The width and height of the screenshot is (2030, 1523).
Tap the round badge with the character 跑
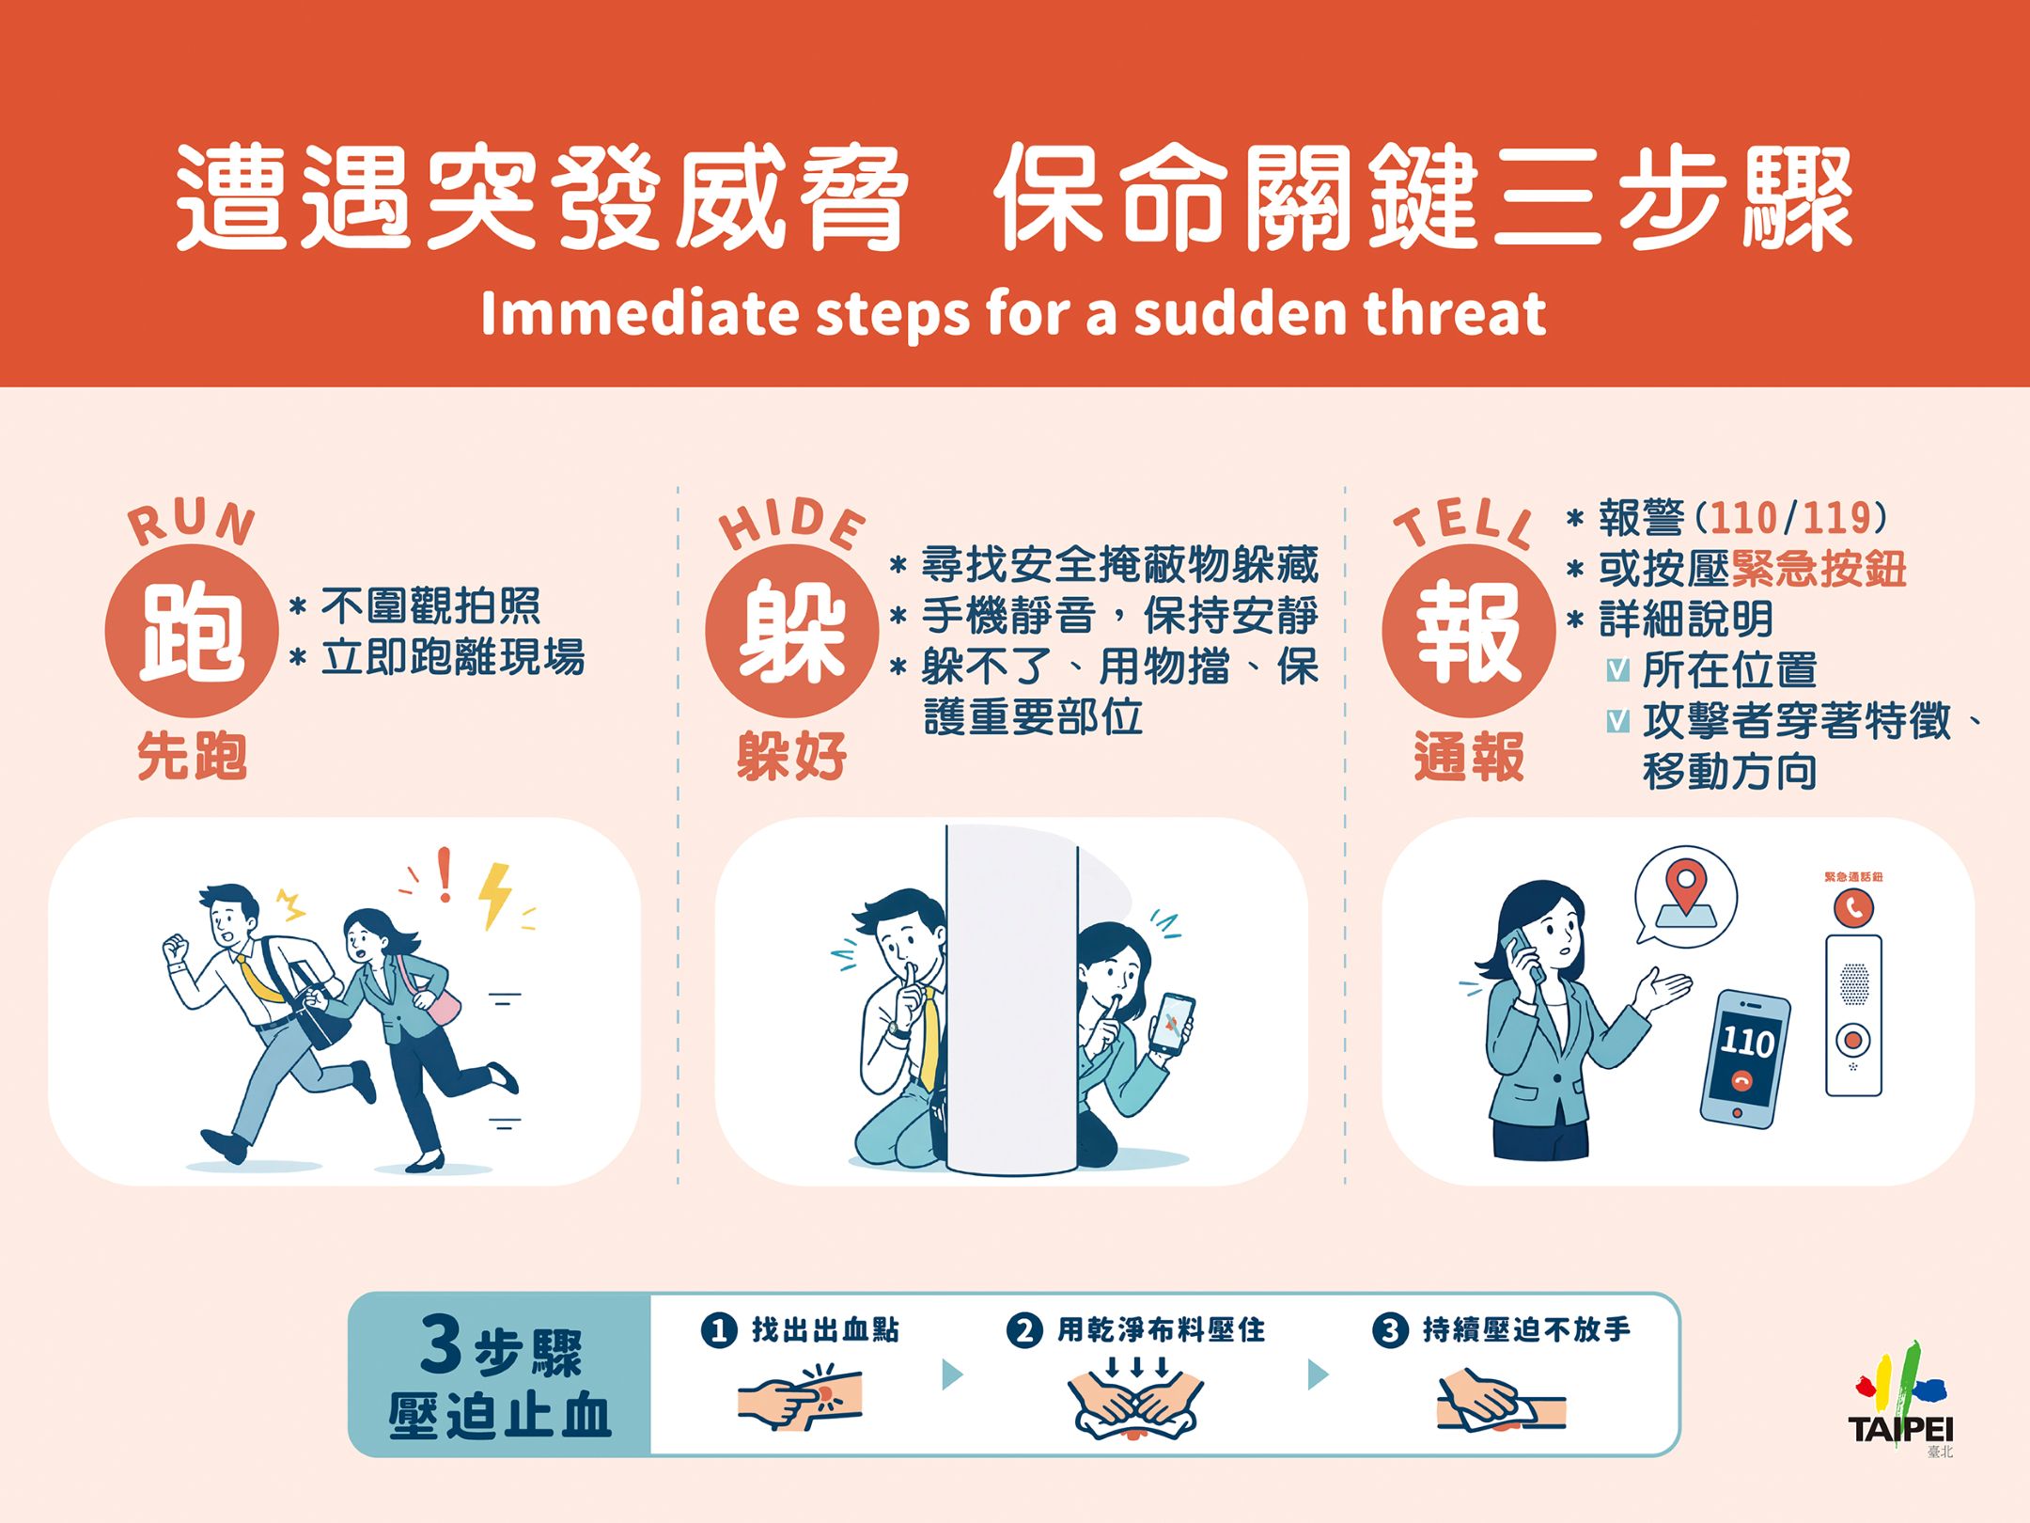click(x=192, y=631)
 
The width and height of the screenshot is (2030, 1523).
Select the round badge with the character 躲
click(x=791, y=631)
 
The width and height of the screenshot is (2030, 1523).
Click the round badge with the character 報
click(x=1468, y=631)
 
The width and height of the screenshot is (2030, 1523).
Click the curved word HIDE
click(x=791, y=523)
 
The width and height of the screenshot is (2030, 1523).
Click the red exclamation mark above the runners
click(x=445, y=874)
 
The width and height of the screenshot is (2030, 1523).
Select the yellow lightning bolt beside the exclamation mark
click(x=494, y=895)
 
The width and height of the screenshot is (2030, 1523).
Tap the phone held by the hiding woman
click(x=1172, y=1023)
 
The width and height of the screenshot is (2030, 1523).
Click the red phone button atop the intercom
click(x=1853, y=907)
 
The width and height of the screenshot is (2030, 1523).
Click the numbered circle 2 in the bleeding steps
click(x=1023, y=1330)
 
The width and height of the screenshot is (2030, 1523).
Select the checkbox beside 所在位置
click(x=1617, y=669)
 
